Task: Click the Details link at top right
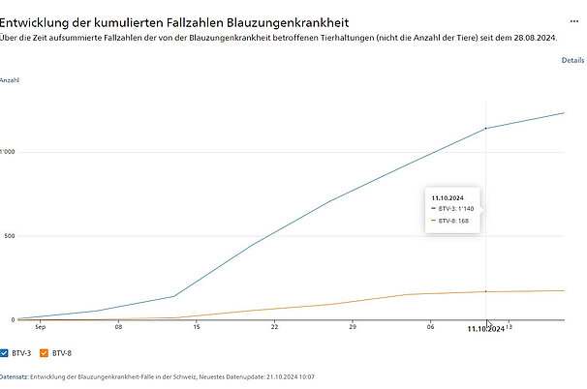pyautogui.click(x=572, y=60)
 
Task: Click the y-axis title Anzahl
pyautogui.click(x=10, y=80)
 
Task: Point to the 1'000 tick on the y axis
pyautogui.click(x=8, y=152)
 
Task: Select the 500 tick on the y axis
pyautogui.click(x=8, y=236)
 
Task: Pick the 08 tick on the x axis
pyautogui.click(x=118, y=327)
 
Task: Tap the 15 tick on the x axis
pyautogui.click(x=197, y=327)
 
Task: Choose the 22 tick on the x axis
pyautogui.click(x=275, y=327)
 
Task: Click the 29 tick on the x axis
pyautogui.click(x=354, y=327)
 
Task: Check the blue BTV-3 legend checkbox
pyautogui.click(x=5, y=352)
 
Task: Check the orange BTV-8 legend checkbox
pyautogui.click(x=45, y=352)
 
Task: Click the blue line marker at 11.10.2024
pyautogui.click(x=485, y=128)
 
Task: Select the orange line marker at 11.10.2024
pyautogui.click(x=485, y=291)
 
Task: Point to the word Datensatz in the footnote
pyautogui.click(x=14, y=376)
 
